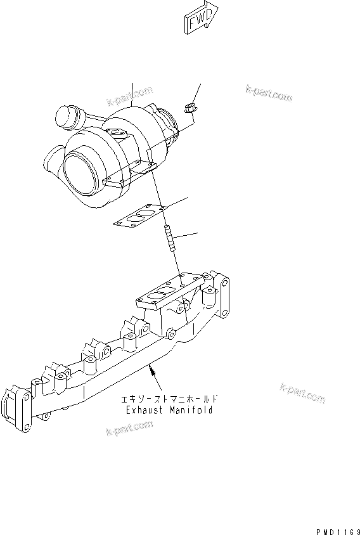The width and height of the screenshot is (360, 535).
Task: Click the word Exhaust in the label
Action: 144,410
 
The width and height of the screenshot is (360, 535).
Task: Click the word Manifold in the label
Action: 192,410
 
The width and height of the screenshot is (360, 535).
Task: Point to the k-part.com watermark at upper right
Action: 269,93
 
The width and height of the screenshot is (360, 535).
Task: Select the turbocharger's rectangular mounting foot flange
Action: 130,174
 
